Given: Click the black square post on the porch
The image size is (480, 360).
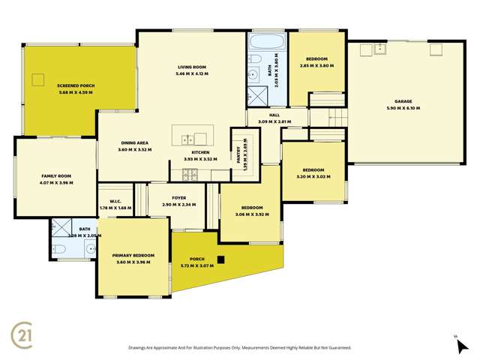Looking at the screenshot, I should click(x=220, y=260).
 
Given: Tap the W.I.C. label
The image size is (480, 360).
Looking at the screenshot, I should click(x=115, y=200).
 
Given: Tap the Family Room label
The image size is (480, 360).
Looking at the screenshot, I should click(x=55, y=175).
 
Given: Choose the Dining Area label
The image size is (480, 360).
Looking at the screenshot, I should click(x=136, y=142).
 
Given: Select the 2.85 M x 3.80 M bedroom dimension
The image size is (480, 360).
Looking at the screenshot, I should click(x=319, y=64).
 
